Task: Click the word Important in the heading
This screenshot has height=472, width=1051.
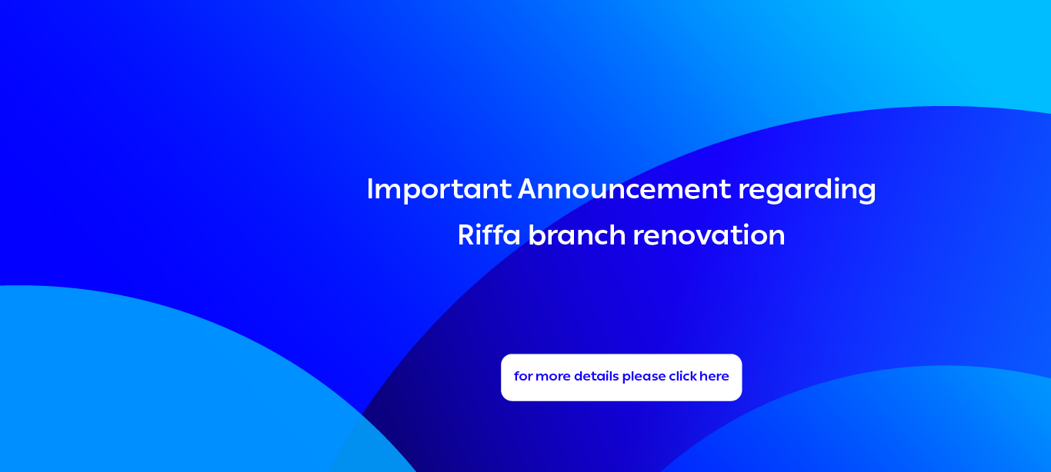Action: (x=439, y=190)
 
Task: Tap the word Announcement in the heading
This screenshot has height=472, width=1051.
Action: (x=625, y=189)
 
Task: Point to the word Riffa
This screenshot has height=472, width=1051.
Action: (x=489, y=234)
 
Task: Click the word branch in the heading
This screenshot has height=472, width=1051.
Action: (x=577, y=234)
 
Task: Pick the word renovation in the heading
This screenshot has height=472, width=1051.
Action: (x=709, y=235)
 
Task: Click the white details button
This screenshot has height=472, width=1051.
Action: (x=621, y=377)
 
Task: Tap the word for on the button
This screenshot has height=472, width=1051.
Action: (x=523, y=376)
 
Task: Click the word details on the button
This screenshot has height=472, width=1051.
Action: (x=596, y=376)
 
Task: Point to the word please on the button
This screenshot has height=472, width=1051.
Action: (x=644, y=377)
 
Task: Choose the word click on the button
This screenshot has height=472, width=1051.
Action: (x=683, y=376)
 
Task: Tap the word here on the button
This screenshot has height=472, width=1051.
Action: (x=714, y=376)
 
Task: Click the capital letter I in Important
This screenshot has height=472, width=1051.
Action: (x=369, y=189)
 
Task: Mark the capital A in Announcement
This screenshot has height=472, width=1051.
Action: (x=529, y=189)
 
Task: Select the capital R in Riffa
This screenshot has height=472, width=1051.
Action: (x=467, y=234)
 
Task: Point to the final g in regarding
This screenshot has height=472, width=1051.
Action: (x=866, y=193)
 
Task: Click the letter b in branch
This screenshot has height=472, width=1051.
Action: (x=538, y=234)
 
